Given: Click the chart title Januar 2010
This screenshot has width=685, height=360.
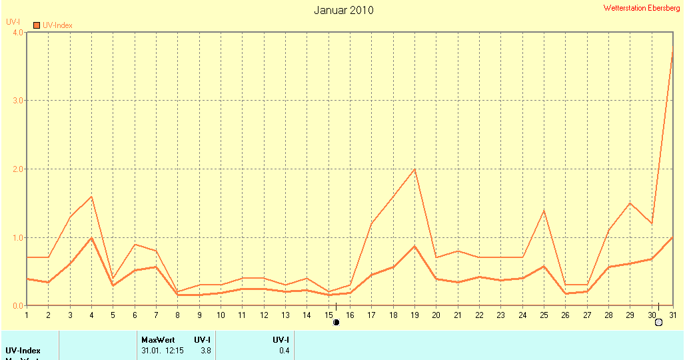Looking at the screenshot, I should pyautogui.click(x=343, y=10).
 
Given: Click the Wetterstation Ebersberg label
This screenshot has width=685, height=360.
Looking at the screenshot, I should pyautogui.click(x=642, y=8).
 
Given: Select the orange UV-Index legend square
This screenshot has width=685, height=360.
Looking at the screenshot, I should pyautogui.click(x=37, y=25).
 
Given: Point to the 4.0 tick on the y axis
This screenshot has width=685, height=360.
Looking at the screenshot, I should pyautogui.click(x=17, y=32).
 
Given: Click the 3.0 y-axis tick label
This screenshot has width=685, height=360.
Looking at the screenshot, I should pyautogui.click(x=17, y=101).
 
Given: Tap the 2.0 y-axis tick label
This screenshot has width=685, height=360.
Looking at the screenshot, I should pyautogui.click(x=17, y=169).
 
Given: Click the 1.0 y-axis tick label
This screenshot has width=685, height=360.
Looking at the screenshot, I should pyautogui.click(x=17, y=238).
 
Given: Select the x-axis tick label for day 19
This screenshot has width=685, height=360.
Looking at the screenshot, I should pyautogui.click(x=414, y=315).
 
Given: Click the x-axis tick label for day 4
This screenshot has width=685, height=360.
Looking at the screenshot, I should pyautogui.click(x=91, y=315).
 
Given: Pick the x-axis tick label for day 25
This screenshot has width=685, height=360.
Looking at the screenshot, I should pyautogui.click(x=544, y=315).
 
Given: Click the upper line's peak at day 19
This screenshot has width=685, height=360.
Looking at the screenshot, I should pyautogui.click(x=414, y=169).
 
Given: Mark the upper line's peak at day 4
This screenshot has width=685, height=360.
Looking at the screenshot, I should pyautogui.click(x=91, y=197).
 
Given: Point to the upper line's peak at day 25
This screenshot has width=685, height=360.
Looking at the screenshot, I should pyautogui.click(x=544, y=211).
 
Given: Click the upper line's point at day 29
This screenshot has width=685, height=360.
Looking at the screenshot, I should pyautogui.click(x=630, y=203).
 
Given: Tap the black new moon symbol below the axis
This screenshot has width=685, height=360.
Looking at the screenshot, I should pyautogui.click(x=336, y=323).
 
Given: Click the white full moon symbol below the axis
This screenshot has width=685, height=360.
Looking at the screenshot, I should pyautogui.click(x=658, y=323).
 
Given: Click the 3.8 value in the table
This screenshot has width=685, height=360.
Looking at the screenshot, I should pyautogui.click(x=206, y=351).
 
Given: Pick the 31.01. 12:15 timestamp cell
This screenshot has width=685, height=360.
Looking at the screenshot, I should pyautogui.click(x=163, y=351).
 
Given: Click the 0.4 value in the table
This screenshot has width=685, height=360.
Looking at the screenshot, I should pyautogui.click(x=284, y=351).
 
